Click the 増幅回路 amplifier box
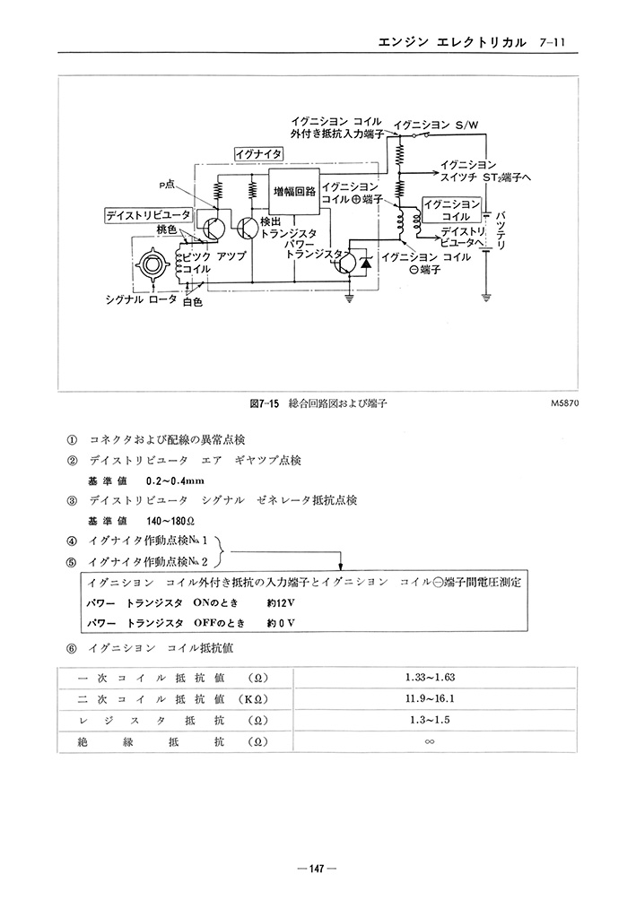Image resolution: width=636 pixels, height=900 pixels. tap(295, 192)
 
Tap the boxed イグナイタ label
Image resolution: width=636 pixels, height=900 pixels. tap(258, 154)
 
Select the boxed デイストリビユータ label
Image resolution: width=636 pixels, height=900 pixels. tap(148, 215)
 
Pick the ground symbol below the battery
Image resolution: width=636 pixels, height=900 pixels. tap(486, 297)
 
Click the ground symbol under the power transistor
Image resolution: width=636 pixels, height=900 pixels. tap(349, 298)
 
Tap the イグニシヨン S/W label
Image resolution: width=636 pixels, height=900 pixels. tap(436, 125)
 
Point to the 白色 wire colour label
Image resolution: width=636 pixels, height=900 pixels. tap(193, 302)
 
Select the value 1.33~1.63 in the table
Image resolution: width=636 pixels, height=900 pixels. tap(430, 678)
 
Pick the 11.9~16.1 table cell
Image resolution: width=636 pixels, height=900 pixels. tap(430, 698)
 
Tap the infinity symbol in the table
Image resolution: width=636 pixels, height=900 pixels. tap(429, 741)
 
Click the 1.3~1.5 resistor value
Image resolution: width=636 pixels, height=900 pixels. tap(430, 720)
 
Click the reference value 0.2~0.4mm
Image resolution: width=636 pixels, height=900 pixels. tap(175, 481)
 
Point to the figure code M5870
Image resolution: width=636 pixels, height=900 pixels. tap(563, 403)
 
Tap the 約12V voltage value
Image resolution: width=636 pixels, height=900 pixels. tap(281, 603)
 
